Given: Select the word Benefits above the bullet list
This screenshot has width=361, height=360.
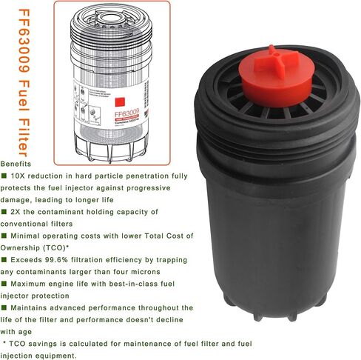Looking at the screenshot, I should click(17, 164).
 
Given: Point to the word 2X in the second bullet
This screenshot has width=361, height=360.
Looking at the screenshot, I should click(18, 211).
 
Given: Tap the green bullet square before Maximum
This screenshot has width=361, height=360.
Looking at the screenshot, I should click(4, 284).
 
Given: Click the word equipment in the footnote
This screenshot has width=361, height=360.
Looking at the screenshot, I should click(55, 356).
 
